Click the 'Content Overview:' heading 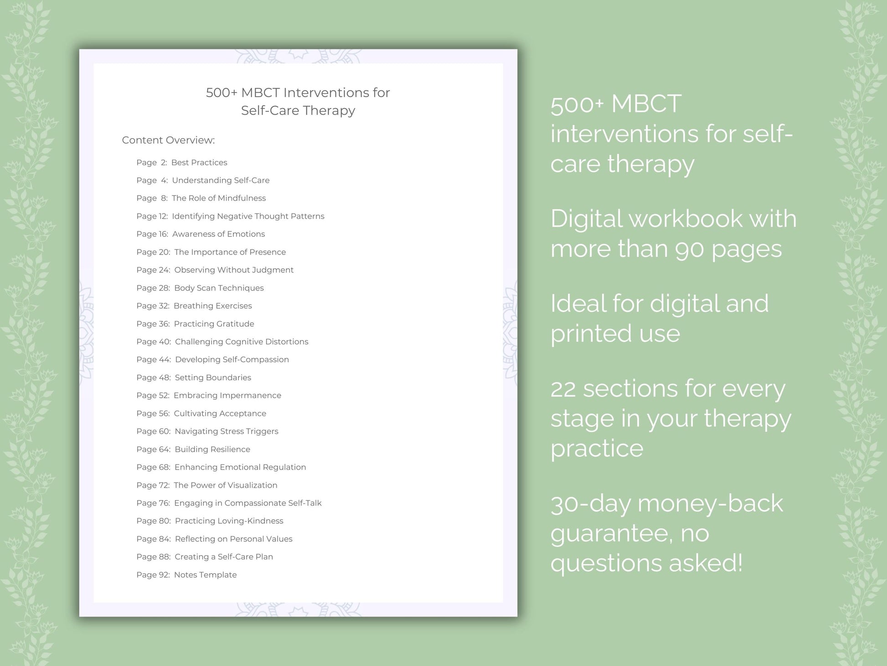(168, 140)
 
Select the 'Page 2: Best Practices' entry (181, 162)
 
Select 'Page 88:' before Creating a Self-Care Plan (153, 557)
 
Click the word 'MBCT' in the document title (260, 93)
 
